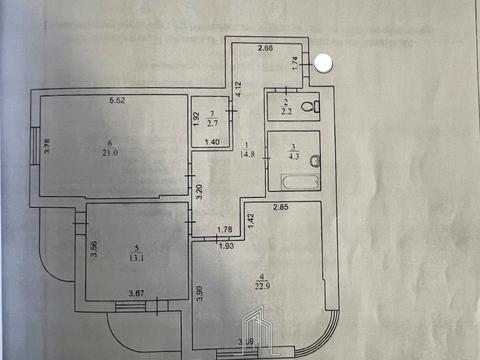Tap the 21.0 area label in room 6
tap(110, 153)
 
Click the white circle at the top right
tap(325, 62)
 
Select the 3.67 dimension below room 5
tap(136, 292)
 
